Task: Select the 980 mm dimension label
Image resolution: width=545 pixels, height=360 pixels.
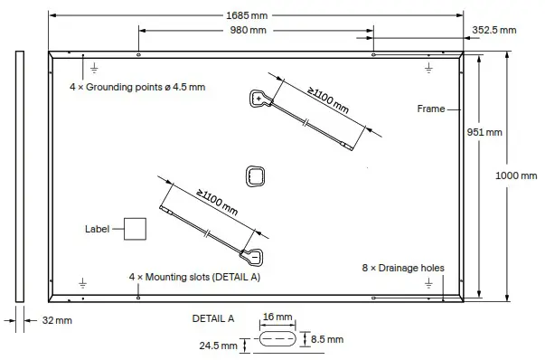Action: click(x=248, y=31)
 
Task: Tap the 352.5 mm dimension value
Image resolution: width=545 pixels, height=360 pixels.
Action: click(x=494, y=30)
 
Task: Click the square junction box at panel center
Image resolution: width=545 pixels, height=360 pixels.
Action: click(x=256, y=176)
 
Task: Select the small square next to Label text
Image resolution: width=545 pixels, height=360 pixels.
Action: click(x=135, y=229)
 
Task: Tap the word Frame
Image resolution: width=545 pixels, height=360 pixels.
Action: click(x=430, y=109)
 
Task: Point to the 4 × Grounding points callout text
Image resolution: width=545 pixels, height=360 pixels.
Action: click(x=137, y=88)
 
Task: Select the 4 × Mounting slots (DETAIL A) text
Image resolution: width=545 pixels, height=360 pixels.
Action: click(x=194, y=276)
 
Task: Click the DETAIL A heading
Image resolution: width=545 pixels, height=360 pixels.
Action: click(x=213, y=318)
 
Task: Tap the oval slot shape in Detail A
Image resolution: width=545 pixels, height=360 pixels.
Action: click(x=277, y=340)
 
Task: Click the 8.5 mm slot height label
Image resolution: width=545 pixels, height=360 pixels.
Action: click(x=326, y=339)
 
